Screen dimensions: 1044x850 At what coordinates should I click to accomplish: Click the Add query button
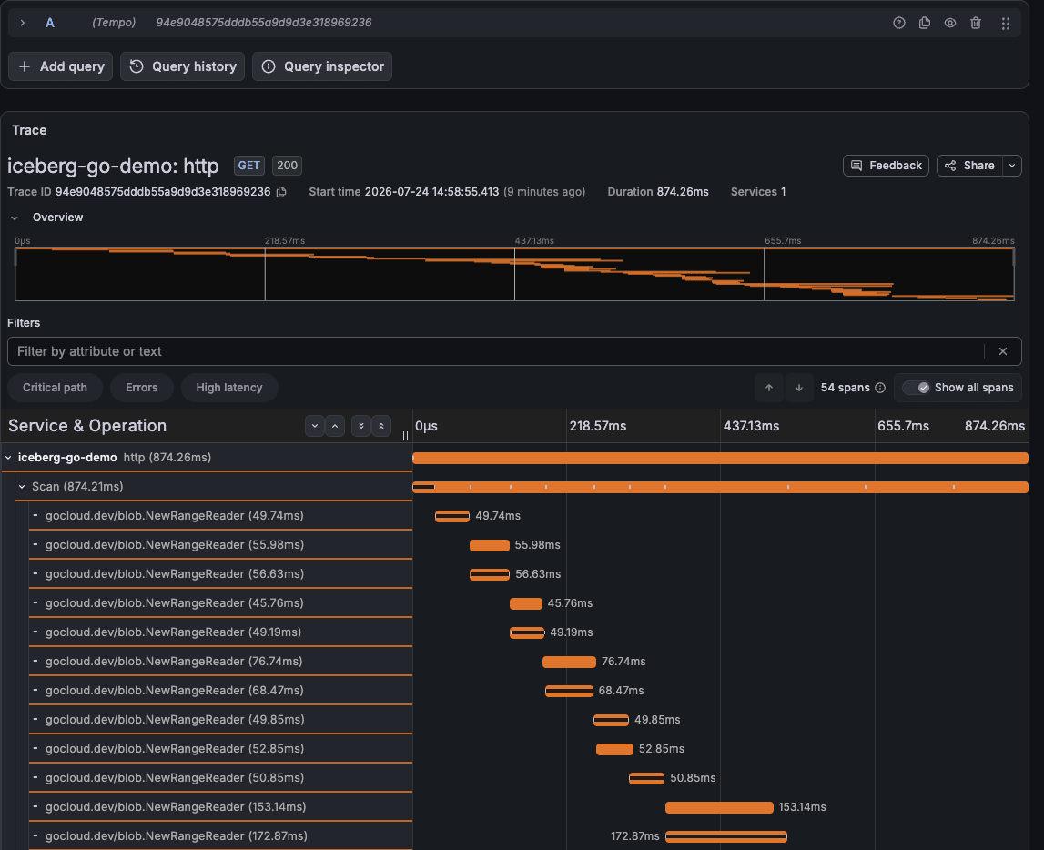click(61, 66)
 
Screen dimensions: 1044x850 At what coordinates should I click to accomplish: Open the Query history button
click(182, 66)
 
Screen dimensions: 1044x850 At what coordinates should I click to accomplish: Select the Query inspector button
click(322, 66)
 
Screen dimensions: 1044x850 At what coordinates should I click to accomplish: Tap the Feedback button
click(886, 166)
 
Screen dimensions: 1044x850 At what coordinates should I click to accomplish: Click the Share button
click(970, 166)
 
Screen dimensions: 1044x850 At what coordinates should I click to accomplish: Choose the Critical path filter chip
click(56, 388)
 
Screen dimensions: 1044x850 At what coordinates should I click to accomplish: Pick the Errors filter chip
click(142, 388)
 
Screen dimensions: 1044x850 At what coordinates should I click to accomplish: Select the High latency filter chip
click(229, 388)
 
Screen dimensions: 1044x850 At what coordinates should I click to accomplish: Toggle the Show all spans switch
click(916, 388)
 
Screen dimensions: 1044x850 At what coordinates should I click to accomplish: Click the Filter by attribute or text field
click(495, 351)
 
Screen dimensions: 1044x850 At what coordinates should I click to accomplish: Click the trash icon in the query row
click(976, 24)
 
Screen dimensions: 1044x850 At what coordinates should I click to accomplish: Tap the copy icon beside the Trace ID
click(281, 192)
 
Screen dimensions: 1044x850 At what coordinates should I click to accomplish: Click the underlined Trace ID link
click(163, 192)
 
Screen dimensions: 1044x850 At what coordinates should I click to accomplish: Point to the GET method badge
click(249, 166)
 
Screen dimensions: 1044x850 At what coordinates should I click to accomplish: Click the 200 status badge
click(287, 166)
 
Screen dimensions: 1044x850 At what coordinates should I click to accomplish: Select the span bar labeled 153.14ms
click(719, 807)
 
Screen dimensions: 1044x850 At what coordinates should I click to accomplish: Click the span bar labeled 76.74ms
click(569, 662)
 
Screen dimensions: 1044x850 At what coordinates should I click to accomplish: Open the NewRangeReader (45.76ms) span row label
click(175, 603)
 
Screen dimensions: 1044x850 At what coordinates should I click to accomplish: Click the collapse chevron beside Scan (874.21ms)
click(22, 487)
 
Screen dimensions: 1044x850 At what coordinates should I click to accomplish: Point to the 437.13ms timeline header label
click(751, 426)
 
